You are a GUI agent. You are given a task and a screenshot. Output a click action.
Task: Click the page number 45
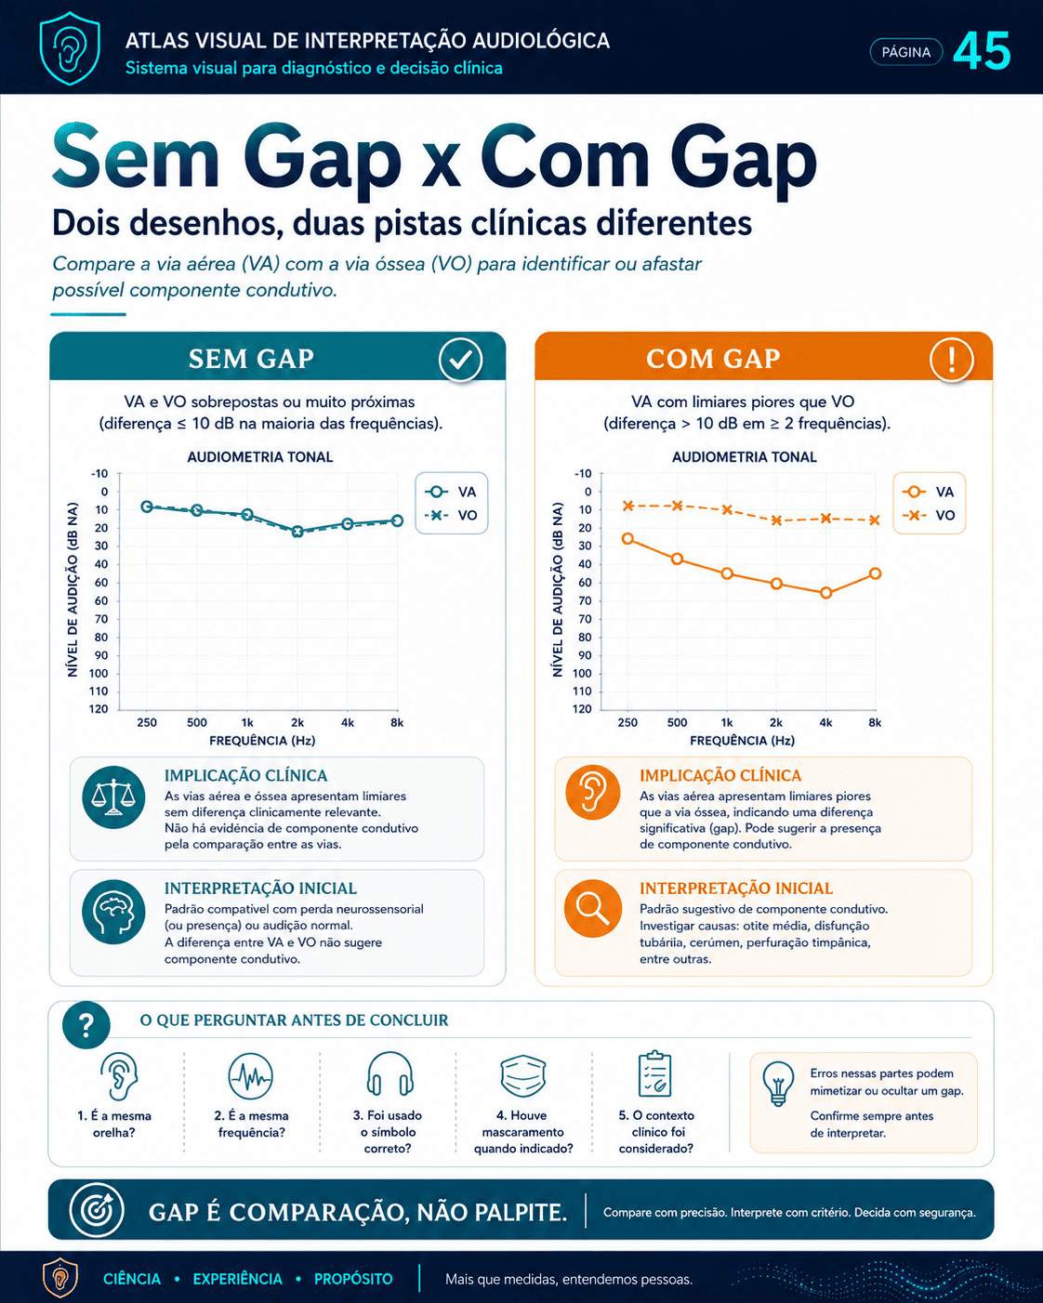(982, 51)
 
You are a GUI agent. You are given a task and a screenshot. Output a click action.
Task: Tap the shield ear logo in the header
(70, 47)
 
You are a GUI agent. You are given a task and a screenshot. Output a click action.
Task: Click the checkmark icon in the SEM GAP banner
(460, 360)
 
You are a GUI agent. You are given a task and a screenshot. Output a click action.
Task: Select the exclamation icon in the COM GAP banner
(952, 360)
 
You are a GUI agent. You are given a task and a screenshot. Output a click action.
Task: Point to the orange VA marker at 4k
(825, 593)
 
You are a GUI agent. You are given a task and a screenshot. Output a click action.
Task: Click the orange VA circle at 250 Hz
(627, 538)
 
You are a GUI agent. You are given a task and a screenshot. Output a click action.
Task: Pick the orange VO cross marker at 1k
(727, 509)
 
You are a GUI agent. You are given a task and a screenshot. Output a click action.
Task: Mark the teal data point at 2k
(297, 531)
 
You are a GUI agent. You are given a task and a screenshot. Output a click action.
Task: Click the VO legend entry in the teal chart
(451, 515)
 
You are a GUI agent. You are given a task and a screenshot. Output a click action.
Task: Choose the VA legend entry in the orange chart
(929, 492)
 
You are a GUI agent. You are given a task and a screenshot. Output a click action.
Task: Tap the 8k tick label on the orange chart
(875, 722)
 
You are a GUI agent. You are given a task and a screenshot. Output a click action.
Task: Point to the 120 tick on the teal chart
(99, 708)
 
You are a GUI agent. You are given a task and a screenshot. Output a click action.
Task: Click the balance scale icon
(113, 796)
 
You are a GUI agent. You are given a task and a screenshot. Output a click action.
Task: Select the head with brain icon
(113, 911)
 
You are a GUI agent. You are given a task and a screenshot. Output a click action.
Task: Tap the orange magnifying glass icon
(592, 908)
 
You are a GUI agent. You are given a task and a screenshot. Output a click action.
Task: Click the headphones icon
(389, 1075)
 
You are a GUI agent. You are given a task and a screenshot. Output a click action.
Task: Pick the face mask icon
(522, 1075)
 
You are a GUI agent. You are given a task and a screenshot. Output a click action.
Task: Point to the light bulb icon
(778, 1084)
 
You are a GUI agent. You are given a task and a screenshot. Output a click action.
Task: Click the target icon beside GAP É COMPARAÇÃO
(96, 1210)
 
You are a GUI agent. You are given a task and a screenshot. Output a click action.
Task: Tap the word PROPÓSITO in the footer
(353, 1279)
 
